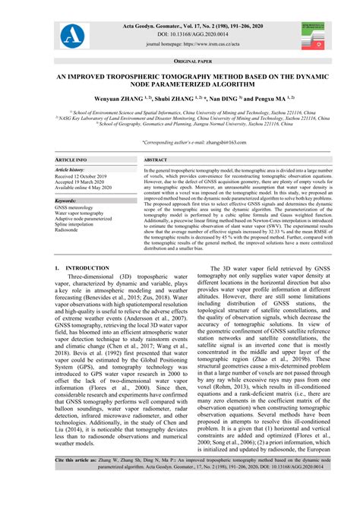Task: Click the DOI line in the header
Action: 181,34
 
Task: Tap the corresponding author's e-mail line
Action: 180,142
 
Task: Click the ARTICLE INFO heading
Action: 72,161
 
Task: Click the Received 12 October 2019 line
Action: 84,177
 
